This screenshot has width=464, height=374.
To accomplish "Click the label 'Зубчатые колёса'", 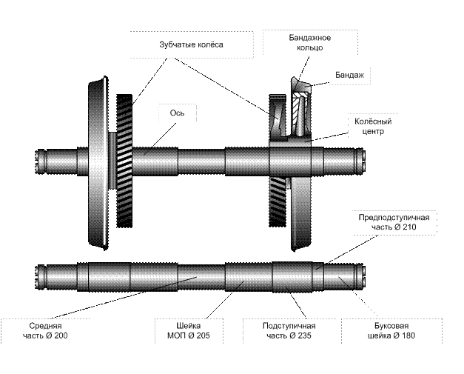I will pyautogui.click(x=191, y=45).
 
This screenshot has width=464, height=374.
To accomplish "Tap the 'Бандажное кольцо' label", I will pyautogui.click(x=309, y=42).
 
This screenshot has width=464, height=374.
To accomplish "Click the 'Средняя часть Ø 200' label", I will pyautogui.click(x=45, y=331).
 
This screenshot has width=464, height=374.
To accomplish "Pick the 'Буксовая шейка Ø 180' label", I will pyautogui.click(x=389, y=331).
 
